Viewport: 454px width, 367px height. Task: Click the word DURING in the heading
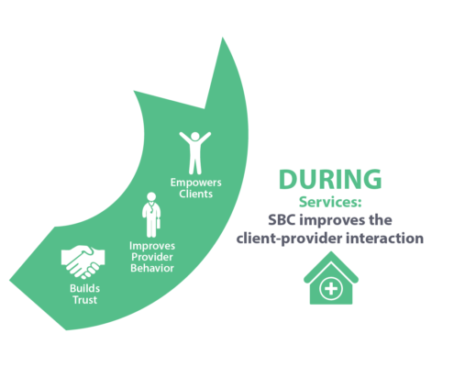pyautogui.click(x=330, y=179)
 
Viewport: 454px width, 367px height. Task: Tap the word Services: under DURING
pyautogui.click(x=330, y=202)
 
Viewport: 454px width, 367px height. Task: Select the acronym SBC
pyautogui.click(x=282, y=220)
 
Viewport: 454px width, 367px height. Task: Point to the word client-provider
pyautogui.click(x=289, y=239)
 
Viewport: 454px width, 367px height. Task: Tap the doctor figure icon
pyautogui.click(x=151, y=215)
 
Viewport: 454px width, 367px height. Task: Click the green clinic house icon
pyautogui.click(x=331, y=278)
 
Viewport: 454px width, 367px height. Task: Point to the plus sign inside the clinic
pyautogui.click(x=331, y=288)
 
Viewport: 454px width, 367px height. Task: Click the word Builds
pyautogui.click(x=84, y=288)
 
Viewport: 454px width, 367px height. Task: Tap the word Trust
pyautogui.click(x=84, y=300)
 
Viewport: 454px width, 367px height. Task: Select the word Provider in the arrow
pyautogui.click(x=152, y=257)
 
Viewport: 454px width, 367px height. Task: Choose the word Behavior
pyautogui.click(x=152, y=268)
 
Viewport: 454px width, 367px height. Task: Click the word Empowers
pyautogui.click(x=195, y=183)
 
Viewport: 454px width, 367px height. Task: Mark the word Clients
pyautogui.click(x=195, y=194)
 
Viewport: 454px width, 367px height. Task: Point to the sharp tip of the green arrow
pyautogui.click(x=222, y=38)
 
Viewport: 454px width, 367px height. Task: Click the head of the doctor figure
pyautogui.click(x=151, y=196)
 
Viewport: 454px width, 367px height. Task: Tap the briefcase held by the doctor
pyautogui.click(x=159, y=224)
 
